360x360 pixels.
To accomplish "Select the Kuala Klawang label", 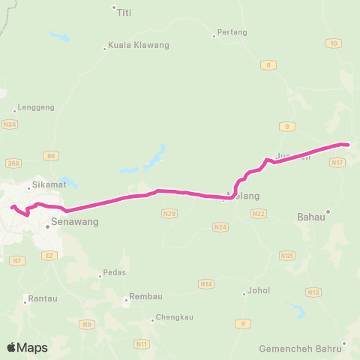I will [139, 45].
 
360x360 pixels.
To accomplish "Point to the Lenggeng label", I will [36, 108].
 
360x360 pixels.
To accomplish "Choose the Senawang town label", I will [74, 222].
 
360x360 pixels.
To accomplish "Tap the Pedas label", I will [114, 272].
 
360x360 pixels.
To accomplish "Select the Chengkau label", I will [175, 317].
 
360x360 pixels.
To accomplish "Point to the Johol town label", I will [259, 290].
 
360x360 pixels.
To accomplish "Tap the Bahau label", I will [310, 217].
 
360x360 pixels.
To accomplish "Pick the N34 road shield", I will [10, 124].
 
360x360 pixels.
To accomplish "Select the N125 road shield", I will [286, 256].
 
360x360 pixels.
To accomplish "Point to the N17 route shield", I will [337, 161].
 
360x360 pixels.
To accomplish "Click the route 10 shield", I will [333, 43].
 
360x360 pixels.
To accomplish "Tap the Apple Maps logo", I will [27, 347].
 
